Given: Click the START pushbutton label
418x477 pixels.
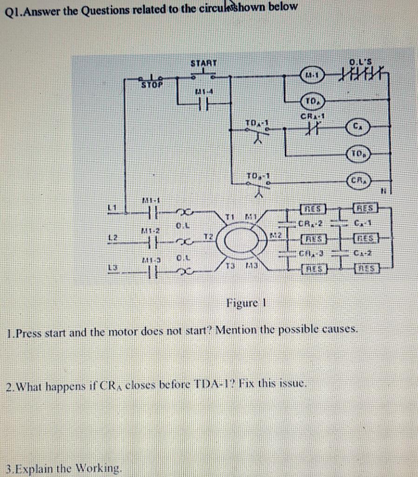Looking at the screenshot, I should coord(203,63).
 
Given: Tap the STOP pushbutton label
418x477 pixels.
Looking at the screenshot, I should coord(152,85).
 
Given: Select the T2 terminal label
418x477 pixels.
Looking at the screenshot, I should coord(207,237).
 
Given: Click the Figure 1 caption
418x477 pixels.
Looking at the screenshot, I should coord(245,303).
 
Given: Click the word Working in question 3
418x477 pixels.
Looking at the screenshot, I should coord(100,467).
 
